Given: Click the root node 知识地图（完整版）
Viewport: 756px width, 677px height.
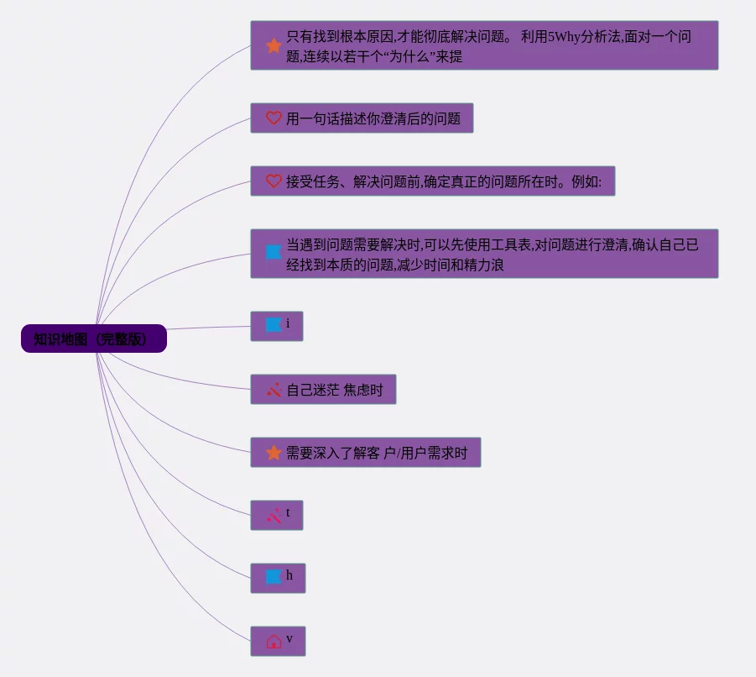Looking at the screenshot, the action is pos(93,339).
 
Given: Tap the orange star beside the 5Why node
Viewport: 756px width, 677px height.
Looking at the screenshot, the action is pos(274,45).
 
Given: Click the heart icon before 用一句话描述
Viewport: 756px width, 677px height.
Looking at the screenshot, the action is pos(274,118).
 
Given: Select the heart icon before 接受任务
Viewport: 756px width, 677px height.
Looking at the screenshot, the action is pos(274,181).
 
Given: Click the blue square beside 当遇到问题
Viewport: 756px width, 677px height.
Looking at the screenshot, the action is pos(274,252).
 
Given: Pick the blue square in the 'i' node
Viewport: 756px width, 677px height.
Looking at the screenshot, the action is pos(274,325).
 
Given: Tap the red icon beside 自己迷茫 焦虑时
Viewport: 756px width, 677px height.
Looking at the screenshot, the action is pos(274,390).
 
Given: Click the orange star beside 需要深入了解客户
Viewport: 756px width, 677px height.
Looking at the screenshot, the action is pos(274,453).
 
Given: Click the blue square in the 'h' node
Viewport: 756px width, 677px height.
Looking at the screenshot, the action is pos(274,577).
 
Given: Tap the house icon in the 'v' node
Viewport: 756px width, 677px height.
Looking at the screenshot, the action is pos(274,642).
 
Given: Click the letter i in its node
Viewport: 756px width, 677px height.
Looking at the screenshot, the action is pos(288,323).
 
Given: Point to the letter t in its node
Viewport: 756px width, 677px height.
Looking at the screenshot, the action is pos(288,512).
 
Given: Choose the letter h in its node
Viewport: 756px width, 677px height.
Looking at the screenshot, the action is pos(289,575).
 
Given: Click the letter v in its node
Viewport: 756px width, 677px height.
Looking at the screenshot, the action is pos(289,639).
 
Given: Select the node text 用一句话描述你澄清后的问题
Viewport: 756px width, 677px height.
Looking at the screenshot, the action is pos(373,118).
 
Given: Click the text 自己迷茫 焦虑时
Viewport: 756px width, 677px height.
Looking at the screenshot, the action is pos(334,390).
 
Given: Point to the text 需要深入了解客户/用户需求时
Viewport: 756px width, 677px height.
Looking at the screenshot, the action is pos(377,453).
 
